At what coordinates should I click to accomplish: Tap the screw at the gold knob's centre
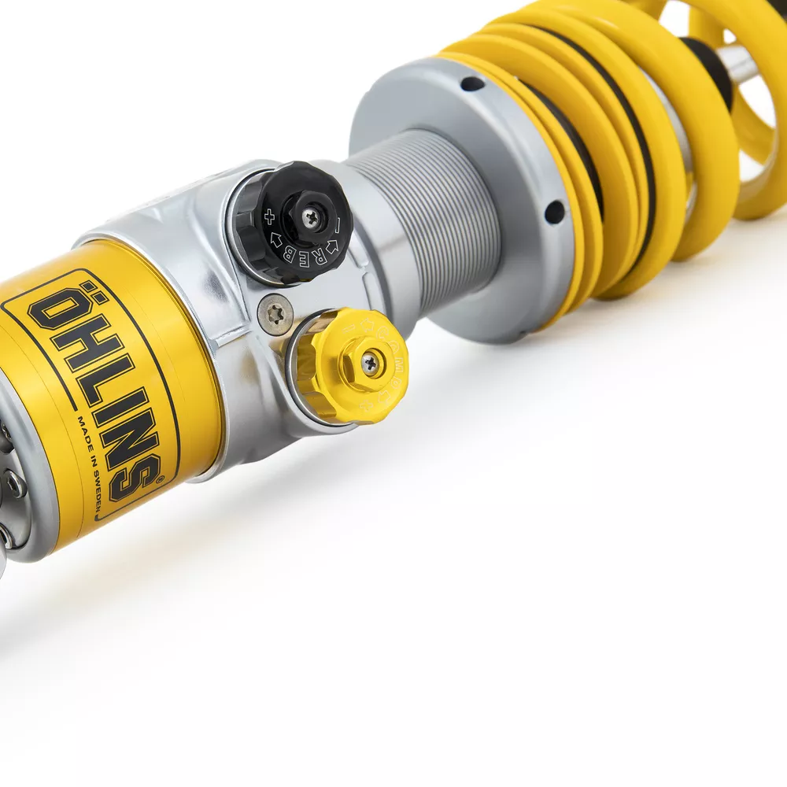coord(370,363)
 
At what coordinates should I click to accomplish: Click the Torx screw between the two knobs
coord(275,315)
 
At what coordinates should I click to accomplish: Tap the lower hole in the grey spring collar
coord(554,211)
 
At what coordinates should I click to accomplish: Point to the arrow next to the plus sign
coord(276,237)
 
